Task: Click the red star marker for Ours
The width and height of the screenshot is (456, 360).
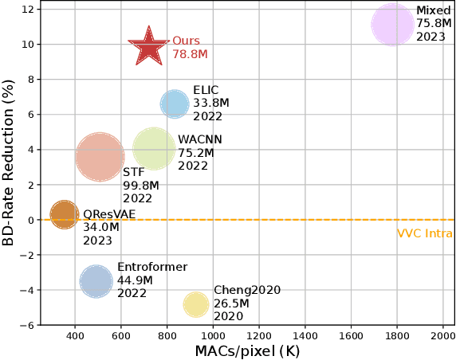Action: coord(148,48)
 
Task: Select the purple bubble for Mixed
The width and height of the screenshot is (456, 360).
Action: coord(392,25)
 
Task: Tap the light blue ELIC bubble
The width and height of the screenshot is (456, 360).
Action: coord(175,104)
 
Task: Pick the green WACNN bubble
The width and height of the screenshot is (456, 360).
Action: coord(154,148)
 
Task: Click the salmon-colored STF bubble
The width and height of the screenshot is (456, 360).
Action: coord(100,157)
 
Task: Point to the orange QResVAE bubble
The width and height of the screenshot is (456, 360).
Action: coord(64,214)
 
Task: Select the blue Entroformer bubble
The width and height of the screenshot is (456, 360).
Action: coord(96,281)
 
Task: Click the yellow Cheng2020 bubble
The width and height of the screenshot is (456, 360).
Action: coord(196,304)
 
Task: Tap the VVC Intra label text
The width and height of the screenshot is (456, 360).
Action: coord(424,233)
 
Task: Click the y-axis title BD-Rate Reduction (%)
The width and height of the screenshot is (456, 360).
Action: coord(10,162)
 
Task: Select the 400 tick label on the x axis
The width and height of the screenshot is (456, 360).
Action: coord(75,335)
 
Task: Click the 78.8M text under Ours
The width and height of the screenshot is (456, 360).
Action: coord(190,55)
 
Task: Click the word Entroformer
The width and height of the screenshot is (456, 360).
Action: coord(151,268)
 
